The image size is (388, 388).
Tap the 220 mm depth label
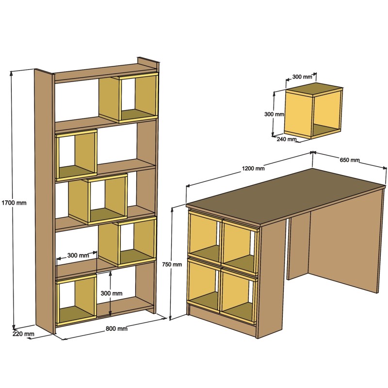coord(23,334)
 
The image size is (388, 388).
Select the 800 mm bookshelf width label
coord(116,329)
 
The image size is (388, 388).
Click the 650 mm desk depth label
coord(350,160)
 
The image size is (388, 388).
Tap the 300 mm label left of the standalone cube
coord(274,114)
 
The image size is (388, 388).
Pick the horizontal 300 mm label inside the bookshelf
coord(78,255)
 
